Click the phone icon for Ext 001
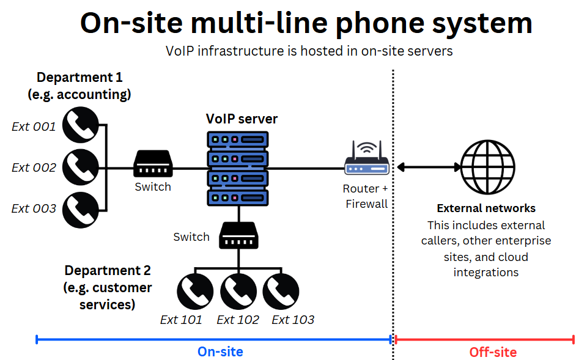81,125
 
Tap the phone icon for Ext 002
81,167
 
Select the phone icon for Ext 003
81,210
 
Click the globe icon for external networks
487,166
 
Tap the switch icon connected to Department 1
153,164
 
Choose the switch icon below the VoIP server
238,236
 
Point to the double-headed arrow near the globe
428,166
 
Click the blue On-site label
220,352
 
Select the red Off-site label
493,353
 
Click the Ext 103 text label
293,320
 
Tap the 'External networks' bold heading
486,208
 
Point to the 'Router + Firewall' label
366,196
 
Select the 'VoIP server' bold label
242,119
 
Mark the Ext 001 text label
34,127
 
